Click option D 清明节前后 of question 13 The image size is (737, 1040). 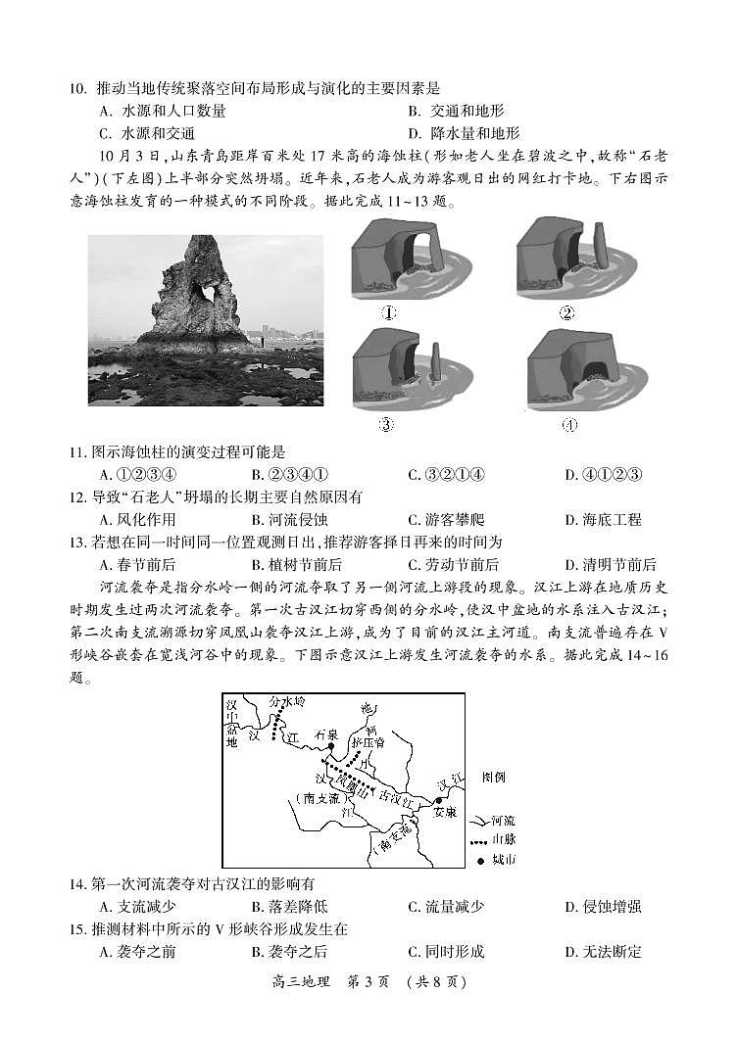click(610, 564)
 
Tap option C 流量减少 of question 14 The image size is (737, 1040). click(446, 907)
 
